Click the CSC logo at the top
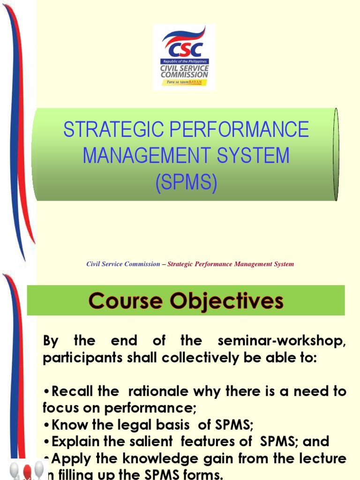pos(184,56)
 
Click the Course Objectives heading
pos(186,300)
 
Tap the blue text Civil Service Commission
pos(123,264)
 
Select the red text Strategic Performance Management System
pos(231,264)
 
